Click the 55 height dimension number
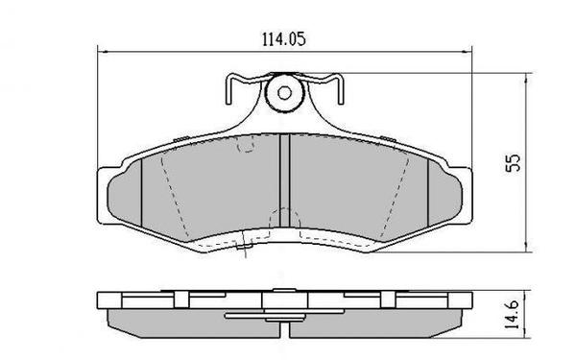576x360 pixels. (x=514, y=163)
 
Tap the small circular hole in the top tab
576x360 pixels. (x=283, y=94)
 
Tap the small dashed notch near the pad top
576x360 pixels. (x=245, y=146)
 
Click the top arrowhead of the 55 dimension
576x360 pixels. (x=529, y=78)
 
